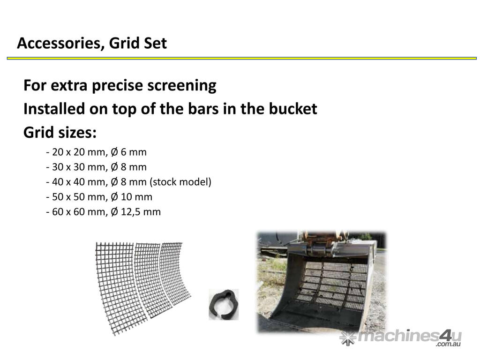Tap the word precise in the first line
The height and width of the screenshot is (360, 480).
tap(118, 86)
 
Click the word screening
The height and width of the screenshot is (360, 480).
tap(182, 86)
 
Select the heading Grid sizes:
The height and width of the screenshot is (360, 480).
tap(60, 133)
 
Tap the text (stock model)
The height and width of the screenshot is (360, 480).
tap(180, 182)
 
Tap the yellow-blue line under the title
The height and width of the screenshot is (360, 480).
tap(242, 58)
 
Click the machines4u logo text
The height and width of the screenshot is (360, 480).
tap(410, 336)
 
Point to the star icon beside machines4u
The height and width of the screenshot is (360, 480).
tap(348, 338)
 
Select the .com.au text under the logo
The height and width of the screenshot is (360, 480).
tap(449, 344)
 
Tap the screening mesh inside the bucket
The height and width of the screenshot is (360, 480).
tap(334, 285)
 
